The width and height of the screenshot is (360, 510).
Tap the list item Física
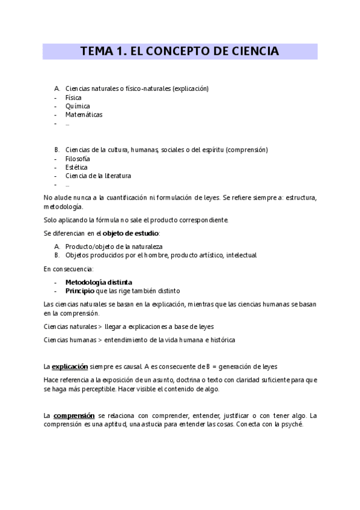click(73, 97)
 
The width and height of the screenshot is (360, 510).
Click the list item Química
click(78, 106)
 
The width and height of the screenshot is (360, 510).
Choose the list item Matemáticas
click(84, 114)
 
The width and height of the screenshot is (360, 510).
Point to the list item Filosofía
click(78, 158)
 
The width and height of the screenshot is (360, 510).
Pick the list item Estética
click(76, 167)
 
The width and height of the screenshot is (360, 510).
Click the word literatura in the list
click(117, 176)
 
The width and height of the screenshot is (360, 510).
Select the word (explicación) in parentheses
click(190, 88)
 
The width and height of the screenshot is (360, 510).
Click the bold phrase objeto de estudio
click(130, 233)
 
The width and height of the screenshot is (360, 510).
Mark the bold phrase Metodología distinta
click(99, 281)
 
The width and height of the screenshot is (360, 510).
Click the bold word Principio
click(80, 290)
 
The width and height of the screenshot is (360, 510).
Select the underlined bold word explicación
click(70, 366)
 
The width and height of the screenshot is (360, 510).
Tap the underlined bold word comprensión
click(74, 415)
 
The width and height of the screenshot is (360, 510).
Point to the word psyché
click(291, 424)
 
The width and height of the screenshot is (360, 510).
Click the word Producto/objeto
click(91, 247)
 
